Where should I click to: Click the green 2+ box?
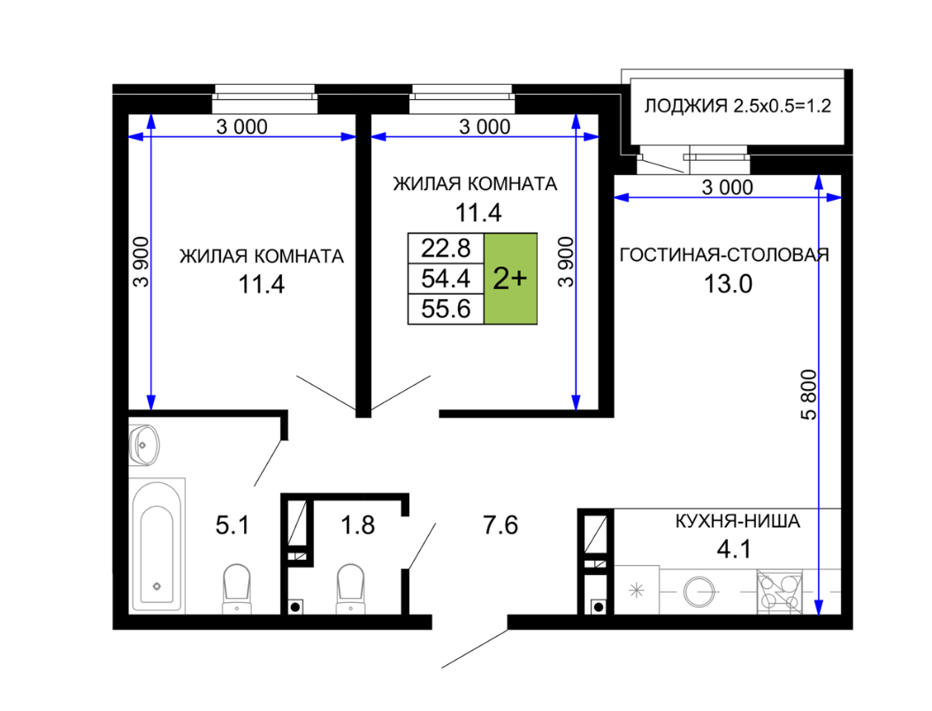510,279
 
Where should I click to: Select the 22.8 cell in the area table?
446,248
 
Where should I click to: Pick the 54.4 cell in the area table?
446,279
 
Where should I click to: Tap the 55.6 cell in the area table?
446,310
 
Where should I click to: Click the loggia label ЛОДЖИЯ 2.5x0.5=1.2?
737,106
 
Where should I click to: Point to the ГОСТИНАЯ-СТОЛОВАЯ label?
724,255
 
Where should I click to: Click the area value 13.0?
728,284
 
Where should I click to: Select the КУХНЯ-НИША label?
737,522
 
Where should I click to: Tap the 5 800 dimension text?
809,394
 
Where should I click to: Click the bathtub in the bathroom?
157,545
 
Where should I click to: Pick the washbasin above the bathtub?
144,444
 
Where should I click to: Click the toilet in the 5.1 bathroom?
237,589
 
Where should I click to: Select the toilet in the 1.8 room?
351,589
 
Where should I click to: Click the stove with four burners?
779,592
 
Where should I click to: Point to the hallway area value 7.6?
500,525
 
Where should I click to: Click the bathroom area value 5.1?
233,525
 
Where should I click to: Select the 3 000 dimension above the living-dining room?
728,187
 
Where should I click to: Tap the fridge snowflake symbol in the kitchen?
637,591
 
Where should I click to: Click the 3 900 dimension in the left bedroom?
141,262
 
